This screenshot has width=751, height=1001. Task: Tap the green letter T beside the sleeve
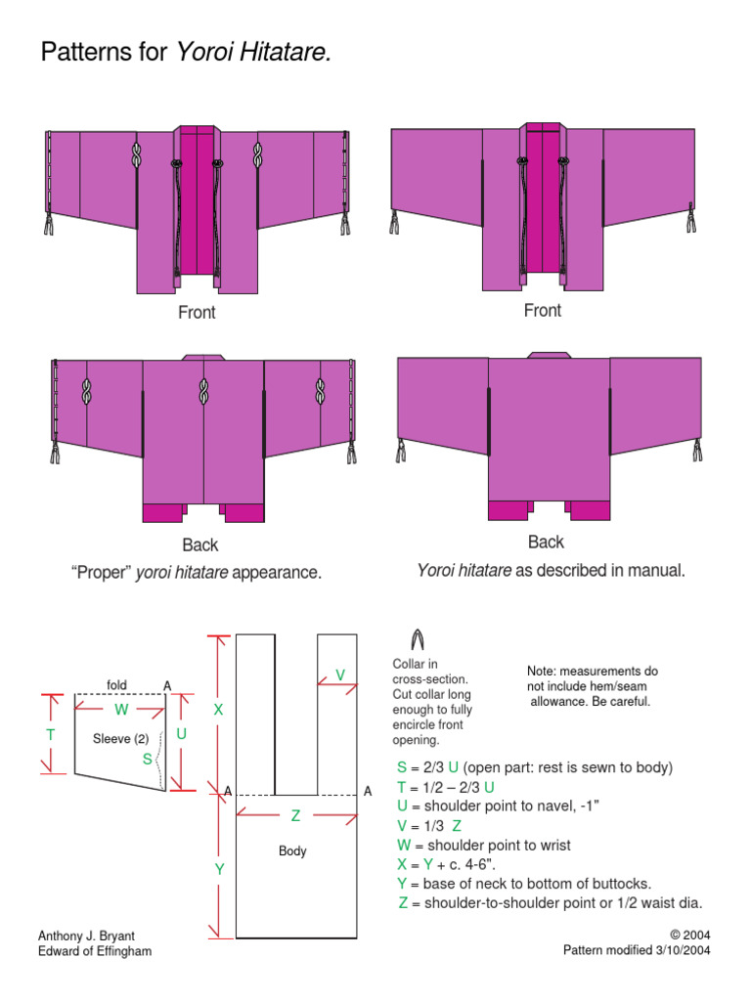[50, 733]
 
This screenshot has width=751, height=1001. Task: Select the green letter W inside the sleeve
[121, 709]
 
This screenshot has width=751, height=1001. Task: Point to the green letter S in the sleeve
[147, 758]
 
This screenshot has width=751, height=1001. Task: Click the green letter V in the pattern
[340, 675]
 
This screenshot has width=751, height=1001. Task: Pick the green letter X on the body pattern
[219, 710]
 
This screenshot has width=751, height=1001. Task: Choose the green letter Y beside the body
[219, 868]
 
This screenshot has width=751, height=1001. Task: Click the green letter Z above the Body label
[295, 815]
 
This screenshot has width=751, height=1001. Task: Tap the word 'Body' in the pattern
[292, 851]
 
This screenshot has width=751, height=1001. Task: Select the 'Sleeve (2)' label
[119, 738]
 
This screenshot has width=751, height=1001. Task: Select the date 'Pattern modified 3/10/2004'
[637, 950]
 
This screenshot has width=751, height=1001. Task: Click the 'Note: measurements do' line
[593, 672]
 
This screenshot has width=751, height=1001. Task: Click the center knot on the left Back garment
[203, 394]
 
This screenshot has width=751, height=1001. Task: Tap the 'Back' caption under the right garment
[546, 542]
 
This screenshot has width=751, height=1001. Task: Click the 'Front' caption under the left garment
[197, 313]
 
